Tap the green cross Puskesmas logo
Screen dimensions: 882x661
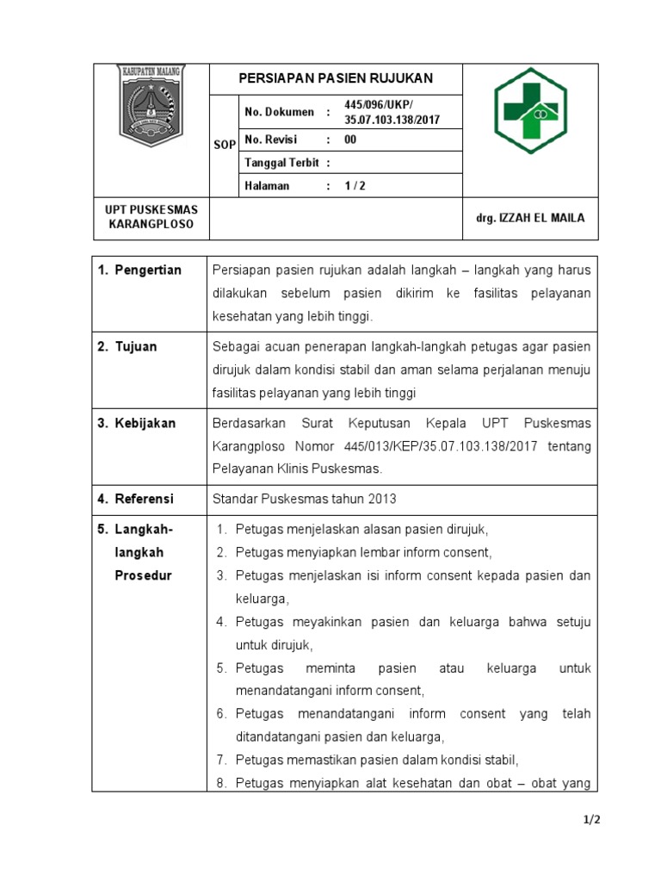(530, 111)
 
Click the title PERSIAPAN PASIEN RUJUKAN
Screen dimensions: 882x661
(336, 78)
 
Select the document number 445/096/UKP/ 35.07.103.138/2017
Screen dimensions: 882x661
(391, 112)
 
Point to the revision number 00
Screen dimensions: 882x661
(350, 140)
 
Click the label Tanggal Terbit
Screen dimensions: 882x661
(282, 163)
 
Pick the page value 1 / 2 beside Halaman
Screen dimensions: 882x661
(355, 185)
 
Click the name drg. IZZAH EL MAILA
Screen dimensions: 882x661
(530, 218)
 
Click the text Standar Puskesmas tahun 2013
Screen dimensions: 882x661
(305, 499)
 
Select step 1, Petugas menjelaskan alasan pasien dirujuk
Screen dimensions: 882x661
(361, 529)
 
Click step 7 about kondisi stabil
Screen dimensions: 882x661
(377, 760)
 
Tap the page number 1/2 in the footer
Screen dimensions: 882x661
(590, 820)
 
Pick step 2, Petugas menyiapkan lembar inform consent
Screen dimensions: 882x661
(363, 552)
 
